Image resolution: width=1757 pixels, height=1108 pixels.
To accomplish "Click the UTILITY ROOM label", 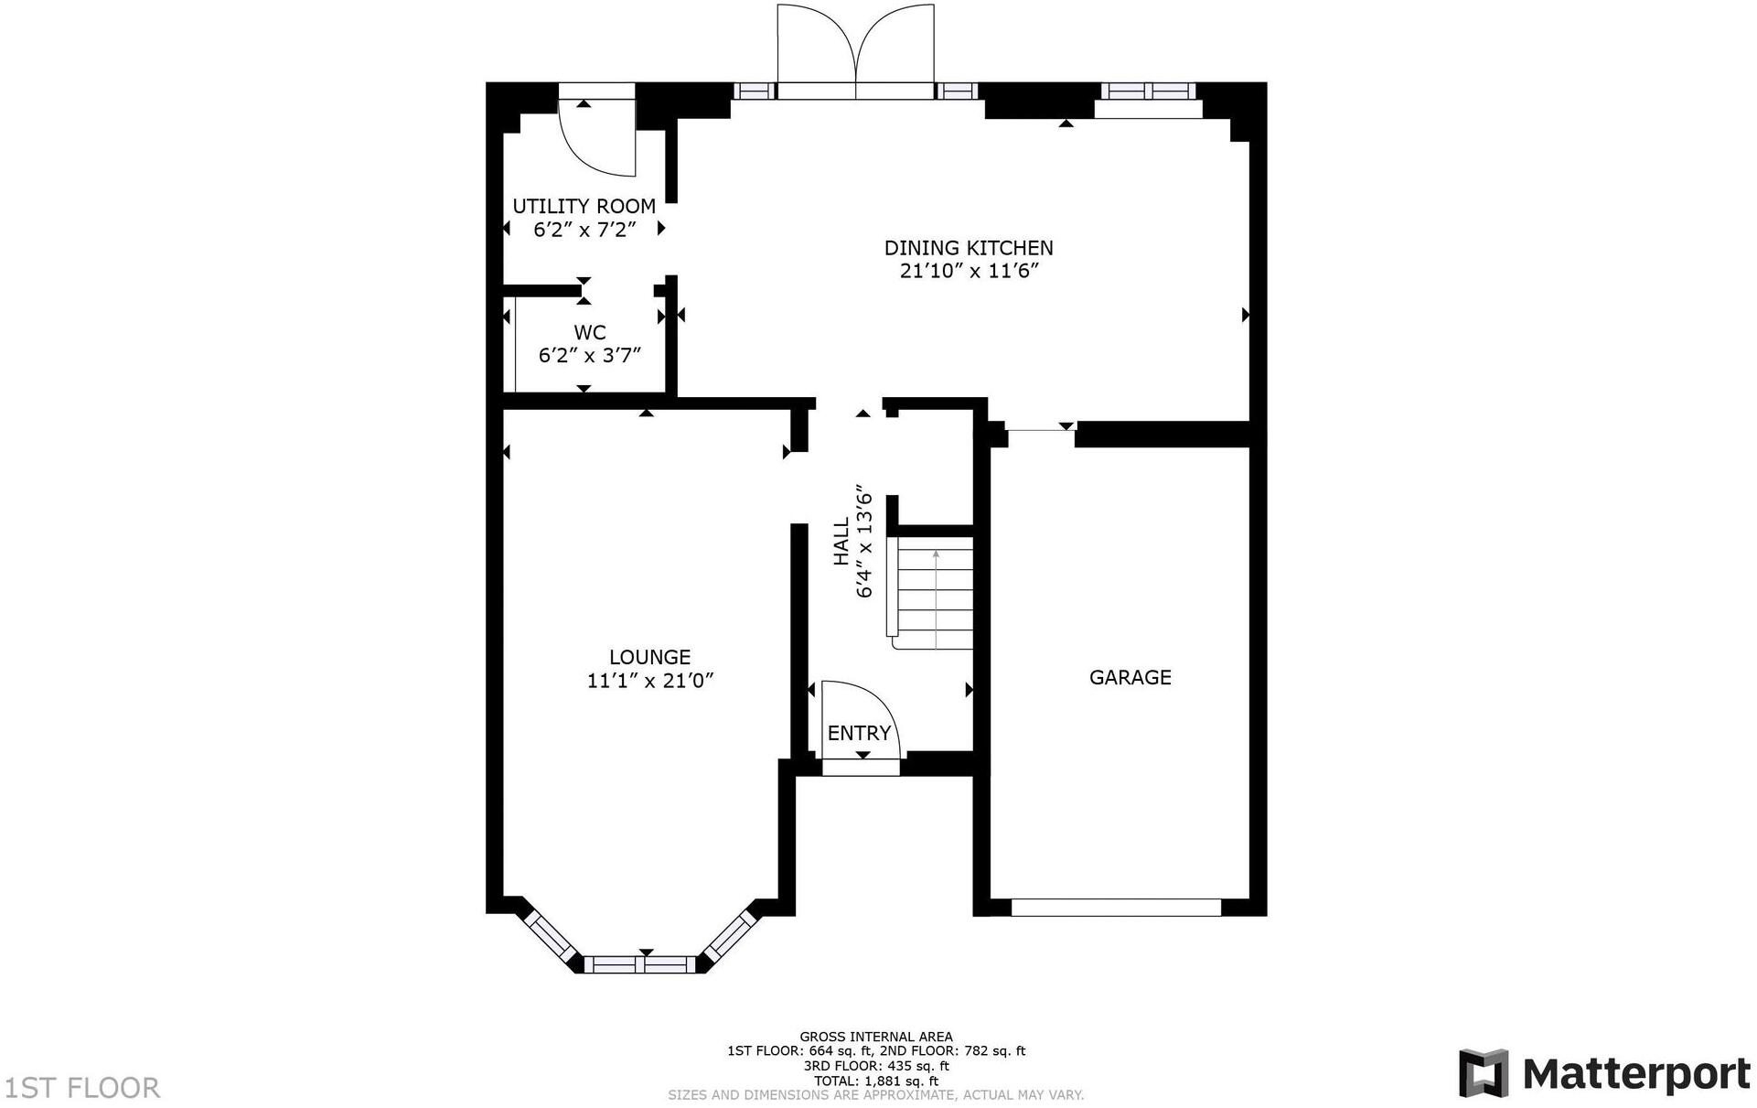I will point(584,206).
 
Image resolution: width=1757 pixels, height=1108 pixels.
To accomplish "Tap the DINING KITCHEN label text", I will point(968,248).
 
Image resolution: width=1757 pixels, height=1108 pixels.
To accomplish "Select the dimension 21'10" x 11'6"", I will point(968,272).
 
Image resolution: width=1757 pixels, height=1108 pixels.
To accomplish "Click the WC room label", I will point(589,332).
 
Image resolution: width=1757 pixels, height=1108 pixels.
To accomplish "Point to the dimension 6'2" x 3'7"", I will point(589,355).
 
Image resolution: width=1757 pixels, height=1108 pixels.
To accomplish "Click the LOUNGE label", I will point(649,657).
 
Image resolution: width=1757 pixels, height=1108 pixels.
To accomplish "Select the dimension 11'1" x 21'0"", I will point(649,681).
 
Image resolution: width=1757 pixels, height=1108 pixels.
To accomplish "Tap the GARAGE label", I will point(1130,677).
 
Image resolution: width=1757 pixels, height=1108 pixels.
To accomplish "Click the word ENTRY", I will point(858,733).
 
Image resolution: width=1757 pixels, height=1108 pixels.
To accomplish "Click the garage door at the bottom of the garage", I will point(1116,907).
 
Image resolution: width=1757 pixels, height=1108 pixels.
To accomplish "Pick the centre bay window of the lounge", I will point(640,963).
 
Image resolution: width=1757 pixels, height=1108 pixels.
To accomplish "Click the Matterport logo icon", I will point(1482,1073).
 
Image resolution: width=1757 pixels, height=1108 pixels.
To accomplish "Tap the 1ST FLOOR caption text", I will point(82,1088).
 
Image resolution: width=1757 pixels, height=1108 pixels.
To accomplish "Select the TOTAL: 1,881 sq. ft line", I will point(876,1081).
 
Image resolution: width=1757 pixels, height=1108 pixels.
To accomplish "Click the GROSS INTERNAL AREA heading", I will point(876,1037).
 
